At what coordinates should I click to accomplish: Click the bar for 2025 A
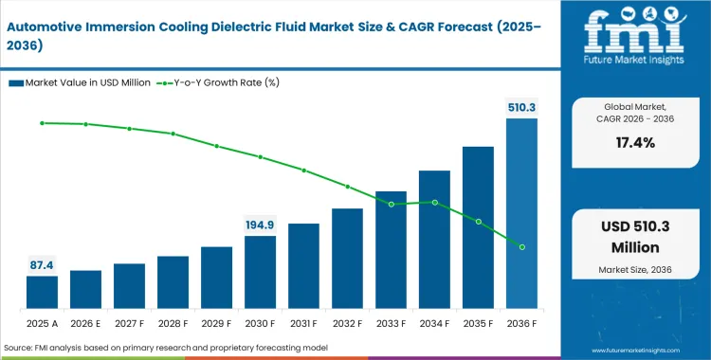(x=42, y=292)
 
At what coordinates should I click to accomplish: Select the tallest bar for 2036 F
(x=521, y=213)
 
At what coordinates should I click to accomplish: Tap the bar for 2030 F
(x=260, y=272)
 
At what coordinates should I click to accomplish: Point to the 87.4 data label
(x=42, y=264)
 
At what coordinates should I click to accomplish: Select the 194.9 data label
(x=260, y=225)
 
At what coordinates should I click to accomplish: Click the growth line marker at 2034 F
(x=434, y=202)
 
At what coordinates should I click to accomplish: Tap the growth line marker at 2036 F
(x=521, y=246)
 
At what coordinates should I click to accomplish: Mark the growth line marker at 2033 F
(x=391, y=204)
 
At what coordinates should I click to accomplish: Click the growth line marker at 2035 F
(x=478, y=222)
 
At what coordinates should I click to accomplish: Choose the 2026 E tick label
(x=85, y=322)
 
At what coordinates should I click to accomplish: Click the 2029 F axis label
(x=216, y=322)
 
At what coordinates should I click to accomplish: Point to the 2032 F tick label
(x=347, y=322)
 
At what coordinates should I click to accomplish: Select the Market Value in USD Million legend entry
(x=82, y=82)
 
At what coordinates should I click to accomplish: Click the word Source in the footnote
(x=21, y=349)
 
